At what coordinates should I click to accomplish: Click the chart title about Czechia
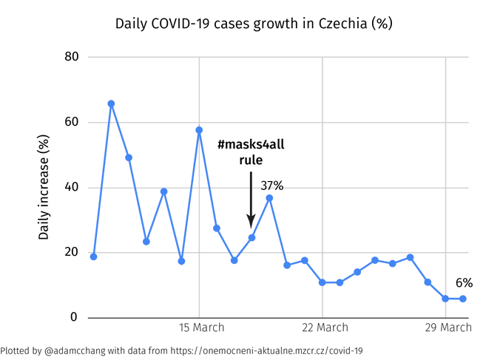coord(254,23)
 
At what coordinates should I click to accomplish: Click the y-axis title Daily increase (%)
coord(44,187)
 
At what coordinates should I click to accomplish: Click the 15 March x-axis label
coord(201,327)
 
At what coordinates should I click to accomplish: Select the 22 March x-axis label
coord(325,327)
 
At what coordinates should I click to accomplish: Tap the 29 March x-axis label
coord(447,327)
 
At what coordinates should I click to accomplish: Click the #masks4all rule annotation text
coord(251,152)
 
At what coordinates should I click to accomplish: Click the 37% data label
coord(272,186)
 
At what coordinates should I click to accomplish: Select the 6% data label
coord(464,283)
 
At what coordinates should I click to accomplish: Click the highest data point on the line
coord(111,103)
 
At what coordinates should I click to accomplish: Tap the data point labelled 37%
coord(269,198)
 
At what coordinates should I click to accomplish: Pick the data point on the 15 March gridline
coord(199,130)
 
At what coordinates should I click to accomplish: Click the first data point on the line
coord(93,257)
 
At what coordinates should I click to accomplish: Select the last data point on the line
coord(463,299)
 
